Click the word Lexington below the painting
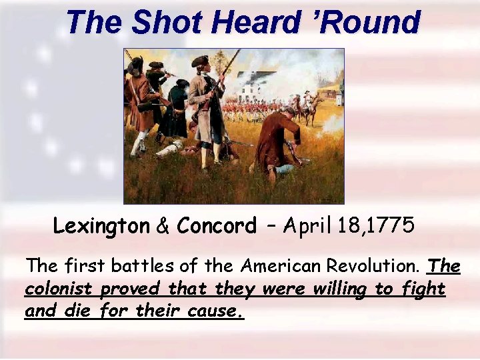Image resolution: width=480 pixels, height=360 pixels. pos(101,226)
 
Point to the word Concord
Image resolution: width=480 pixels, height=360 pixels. pos(217,226)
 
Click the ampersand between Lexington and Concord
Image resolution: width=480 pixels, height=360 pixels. pos(163,226)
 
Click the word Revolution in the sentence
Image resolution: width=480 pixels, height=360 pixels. pos(373,267)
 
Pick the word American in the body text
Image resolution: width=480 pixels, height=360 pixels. pos(281,267)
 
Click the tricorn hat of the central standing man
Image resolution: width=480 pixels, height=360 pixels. pos(200,61)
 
